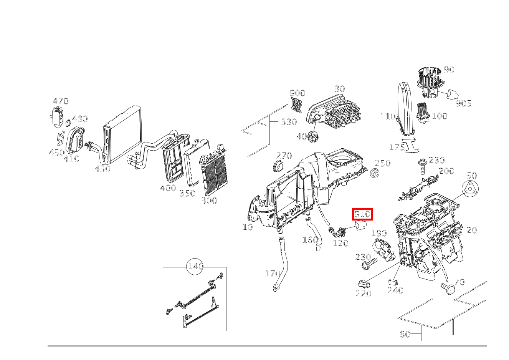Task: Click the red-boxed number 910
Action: (362, 214)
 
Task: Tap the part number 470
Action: (61, 101)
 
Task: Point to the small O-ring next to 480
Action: (67, 123)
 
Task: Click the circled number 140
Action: (195, 266)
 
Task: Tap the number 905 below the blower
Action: (463, 103)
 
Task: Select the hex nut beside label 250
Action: (375, 173)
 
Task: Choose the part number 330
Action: (289, 122)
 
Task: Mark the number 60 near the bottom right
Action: (405, 334)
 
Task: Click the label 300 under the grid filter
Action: (209, 200)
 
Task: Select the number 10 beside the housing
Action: (248, 227)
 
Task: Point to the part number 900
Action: (297, 93)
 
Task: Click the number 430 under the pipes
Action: (102, 169)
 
